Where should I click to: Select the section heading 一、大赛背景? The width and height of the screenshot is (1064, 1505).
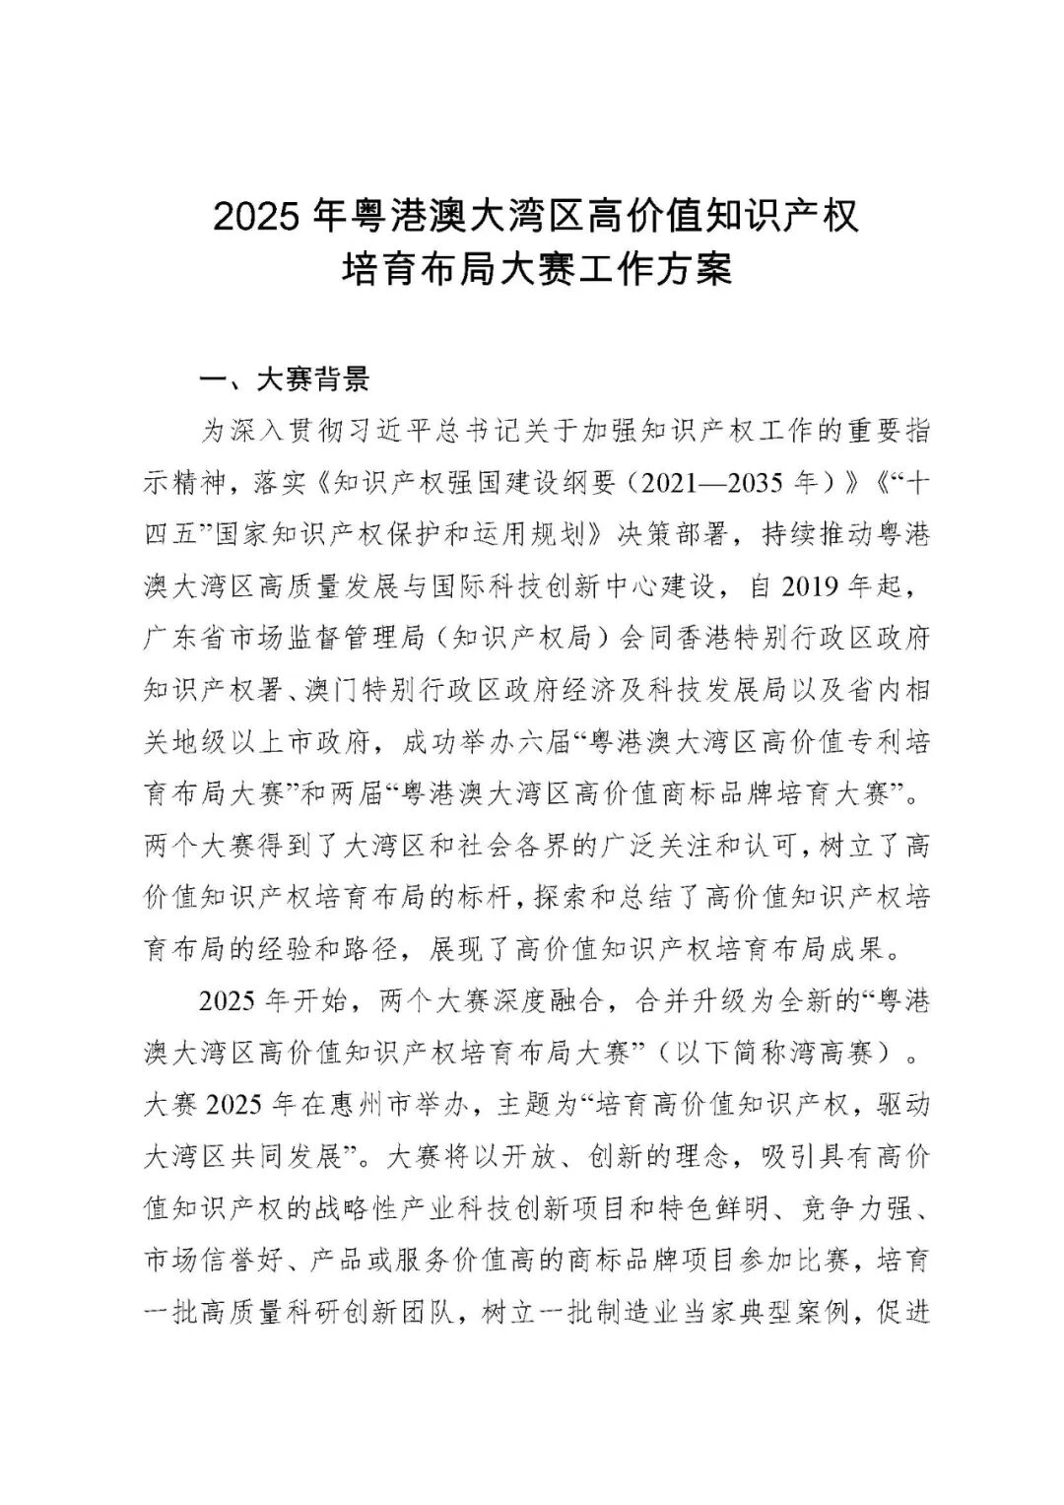pyautogui.click(x=284, y=378)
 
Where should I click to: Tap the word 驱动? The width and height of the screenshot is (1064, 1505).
pyautogui.click(x=902, y=1105)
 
